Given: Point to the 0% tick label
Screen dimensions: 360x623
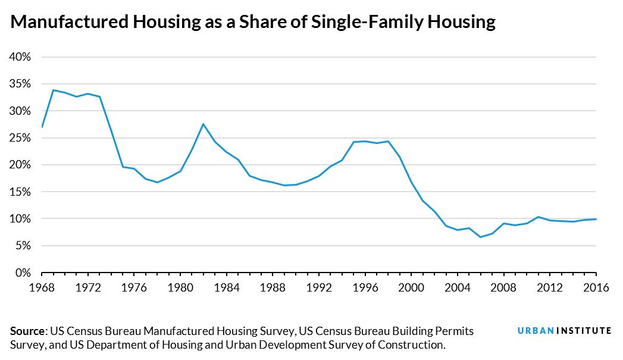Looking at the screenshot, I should (22, 273).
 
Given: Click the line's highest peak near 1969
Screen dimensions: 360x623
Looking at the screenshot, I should (53, 90).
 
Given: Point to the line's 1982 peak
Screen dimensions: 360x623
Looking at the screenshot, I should (204, 124).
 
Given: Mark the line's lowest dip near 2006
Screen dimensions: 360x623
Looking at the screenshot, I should (481, 237).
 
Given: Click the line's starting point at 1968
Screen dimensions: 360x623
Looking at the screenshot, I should (42, 127).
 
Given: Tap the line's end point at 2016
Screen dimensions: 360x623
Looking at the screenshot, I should (596, 219).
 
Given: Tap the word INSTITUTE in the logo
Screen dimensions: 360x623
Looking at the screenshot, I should (584, 331).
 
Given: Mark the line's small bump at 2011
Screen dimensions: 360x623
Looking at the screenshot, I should (538, 217).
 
